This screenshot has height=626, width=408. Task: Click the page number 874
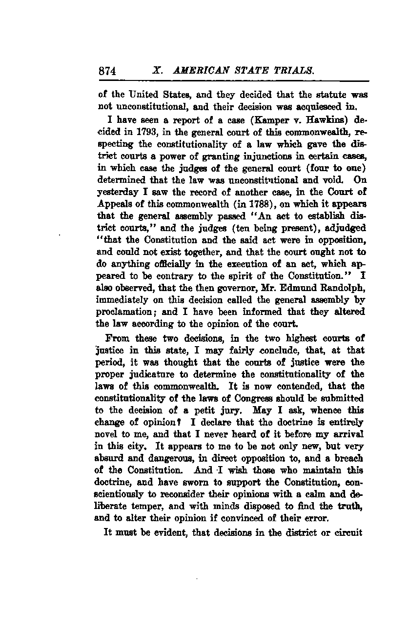[x=107, y=71]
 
